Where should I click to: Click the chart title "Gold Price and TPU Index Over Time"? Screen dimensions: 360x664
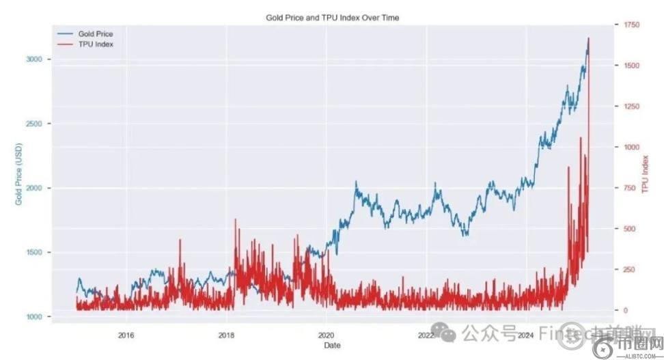tap(332, 18)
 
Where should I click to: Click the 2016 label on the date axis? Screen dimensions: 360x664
tap(126, 335)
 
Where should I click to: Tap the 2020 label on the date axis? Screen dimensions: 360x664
tap(326, 335)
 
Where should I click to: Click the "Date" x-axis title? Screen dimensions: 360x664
tap(332, 346)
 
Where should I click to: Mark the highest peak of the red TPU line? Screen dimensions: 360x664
tap(589, 38)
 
